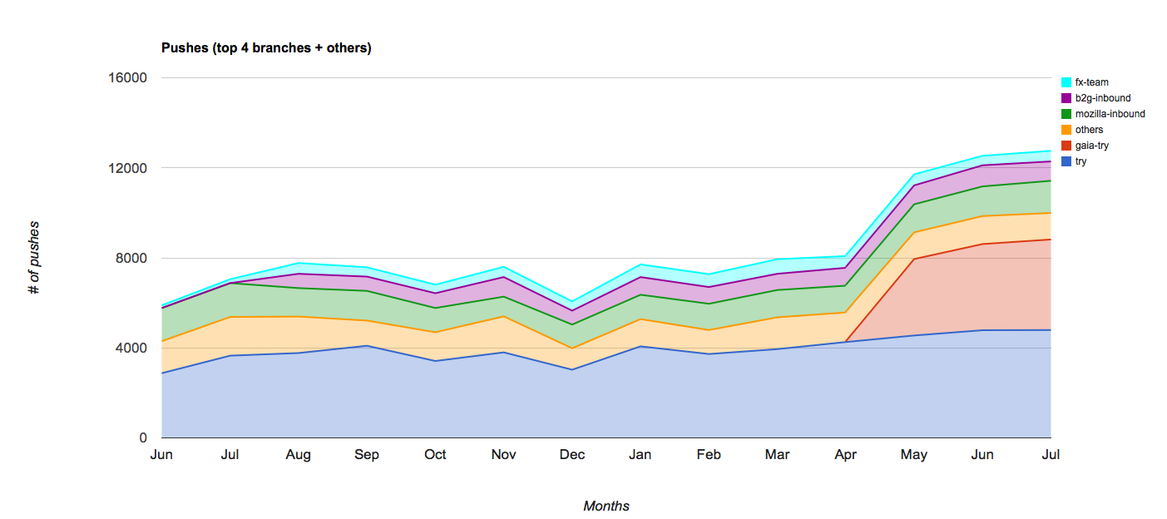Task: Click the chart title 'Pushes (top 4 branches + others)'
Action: pyautogui.click(x=266, y=48)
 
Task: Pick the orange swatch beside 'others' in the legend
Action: pyautogui.click(x=1066, y=130)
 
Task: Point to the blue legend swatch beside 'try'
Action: pyautogui.click(x=1066, y=161)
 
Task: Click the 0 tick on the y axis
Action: pyautogui.click(x=143, y=438)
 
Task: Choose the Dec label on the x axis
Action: pyautogui.click(x=572, y=455)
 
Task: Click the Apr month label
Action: pyautogui.click(x=846, y=455)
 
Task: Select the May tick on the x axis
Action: pyautogui.click(x=914, y=455)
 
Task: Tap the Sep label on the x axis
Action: pyautogui.click(x=367, y=455)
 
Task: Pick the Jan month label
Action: pyautogui.click(x=640, y=455)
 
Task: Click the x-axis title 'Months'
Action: pyautogui.click(x=606, y=506)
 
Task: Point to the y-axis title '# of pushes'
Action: pyautogui.click(x=34, y=258)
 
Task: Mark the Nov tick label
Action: pyautogui.click(x=503, y=455)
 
